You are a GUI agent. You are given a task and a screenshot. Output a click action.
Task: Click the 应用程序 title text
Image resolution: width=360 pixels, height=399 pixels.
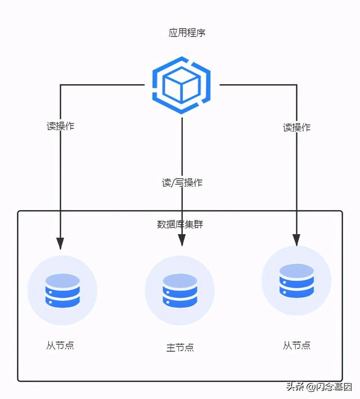pyautogui.click(x=187, y=33)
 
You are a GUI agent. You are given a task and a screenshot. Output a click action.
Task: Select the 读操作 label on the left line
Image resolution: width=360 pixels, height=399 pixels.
pyautogui.click(x=60, y=126)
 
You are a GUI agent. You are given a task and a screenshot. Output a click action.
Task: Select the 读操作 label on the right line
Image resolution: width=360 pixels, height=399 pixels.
pyautogui.click(x=296, y=127)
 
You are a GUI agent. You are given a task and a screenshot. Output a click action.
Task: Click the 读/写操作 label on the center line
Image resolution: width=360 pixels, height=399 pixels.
pyautogui.click(x=182, y=182)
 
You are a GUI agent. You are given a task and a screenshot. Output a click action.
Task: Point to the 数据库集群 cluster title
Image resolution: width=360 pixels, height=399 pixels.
pyautogui.click(x=180, y=224)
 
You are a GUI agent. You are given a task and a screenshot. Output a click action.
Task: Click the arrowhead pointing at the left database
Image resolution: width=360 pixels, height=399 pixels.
pyautogui.click(x=60, y=243)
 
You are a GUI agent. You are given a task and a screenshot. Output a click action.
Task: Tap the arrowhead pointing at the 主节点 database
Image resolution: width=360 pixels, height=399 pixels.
pyautogui.click(x=182, y=240)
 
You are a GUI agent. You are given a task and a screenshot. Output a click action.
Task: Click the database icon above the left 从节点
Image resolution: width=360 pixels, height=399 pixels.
pyautogui.click(x=62, y=290)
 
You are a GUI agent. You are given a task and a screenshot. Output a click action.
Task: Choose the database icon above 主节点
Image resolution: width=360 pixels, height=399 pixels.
pyautogui.click(x=180, y=290)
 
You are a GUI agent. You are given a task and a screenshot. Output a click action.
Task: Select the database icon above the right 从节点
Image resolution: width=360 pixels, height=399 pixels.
pyautogui.click(x=296, y=281)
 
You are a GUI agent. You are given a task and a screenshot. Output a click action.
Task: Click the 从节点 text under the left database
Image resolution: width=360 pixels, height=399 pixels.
pyautogui.click(x=60, y=346)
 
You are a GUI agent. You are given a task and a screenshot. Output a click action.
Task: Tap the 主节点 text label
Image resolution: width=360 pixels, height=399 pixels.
pyautogui.click(x=180, y=347)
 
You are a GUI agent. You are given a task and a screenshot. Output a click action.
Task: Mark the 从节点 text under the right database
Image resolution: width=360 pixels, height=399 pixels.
pyautogui.click(x=296, y=345)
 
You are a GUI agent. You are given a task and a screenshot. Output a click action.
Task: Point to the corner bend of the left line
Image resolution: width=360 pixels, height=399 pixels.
pyautogui.click(x=60, y=85)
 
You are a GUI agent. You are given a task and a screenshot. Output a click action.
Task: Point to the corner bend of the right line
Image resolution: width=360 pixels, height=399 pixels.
pyautogui.click(x=296, y=85)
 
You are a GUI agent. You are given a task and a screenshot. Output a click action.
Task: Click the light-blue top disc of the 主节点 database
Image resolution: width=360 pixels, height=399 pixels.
pyautogui.click(x=180, y=279)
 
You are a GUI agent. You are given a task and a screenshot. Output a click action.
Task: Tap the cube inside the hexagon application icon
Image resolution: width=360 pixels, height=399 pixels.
pyautogui.click(x=181, y=87)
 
